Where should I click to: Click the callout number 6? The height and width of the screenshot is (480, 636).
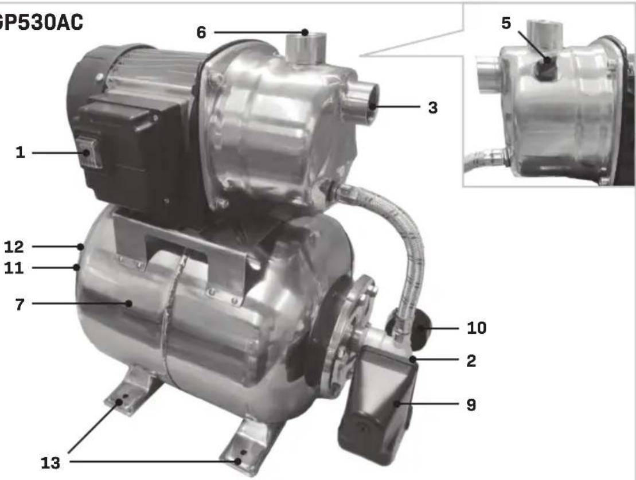(x=201, y=33)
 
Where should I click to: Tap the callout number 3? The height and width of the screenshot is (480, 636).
(x=433, y=107)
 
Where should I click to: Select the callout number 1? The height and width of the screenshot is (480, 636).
(x=20, y=153)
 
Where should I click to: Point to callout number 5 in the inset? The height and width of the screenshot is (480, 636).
(x=506, y=23)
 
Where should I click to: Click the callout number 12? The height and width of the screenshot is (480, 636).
(x=14, y=247)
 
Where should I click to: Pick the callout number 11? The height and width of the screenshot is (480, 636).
(x=14, y=268)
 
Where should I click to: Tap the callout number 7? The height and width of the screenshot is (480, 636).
(x=20, y=305)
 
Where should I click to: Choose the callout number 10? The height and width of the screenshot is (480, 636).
(x=477, y=328)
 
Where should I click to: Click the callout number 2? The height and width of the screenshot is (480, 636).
(x=471, y=361)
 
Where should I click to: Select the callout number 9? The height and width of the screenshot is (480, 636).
(x=471, y=405)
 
